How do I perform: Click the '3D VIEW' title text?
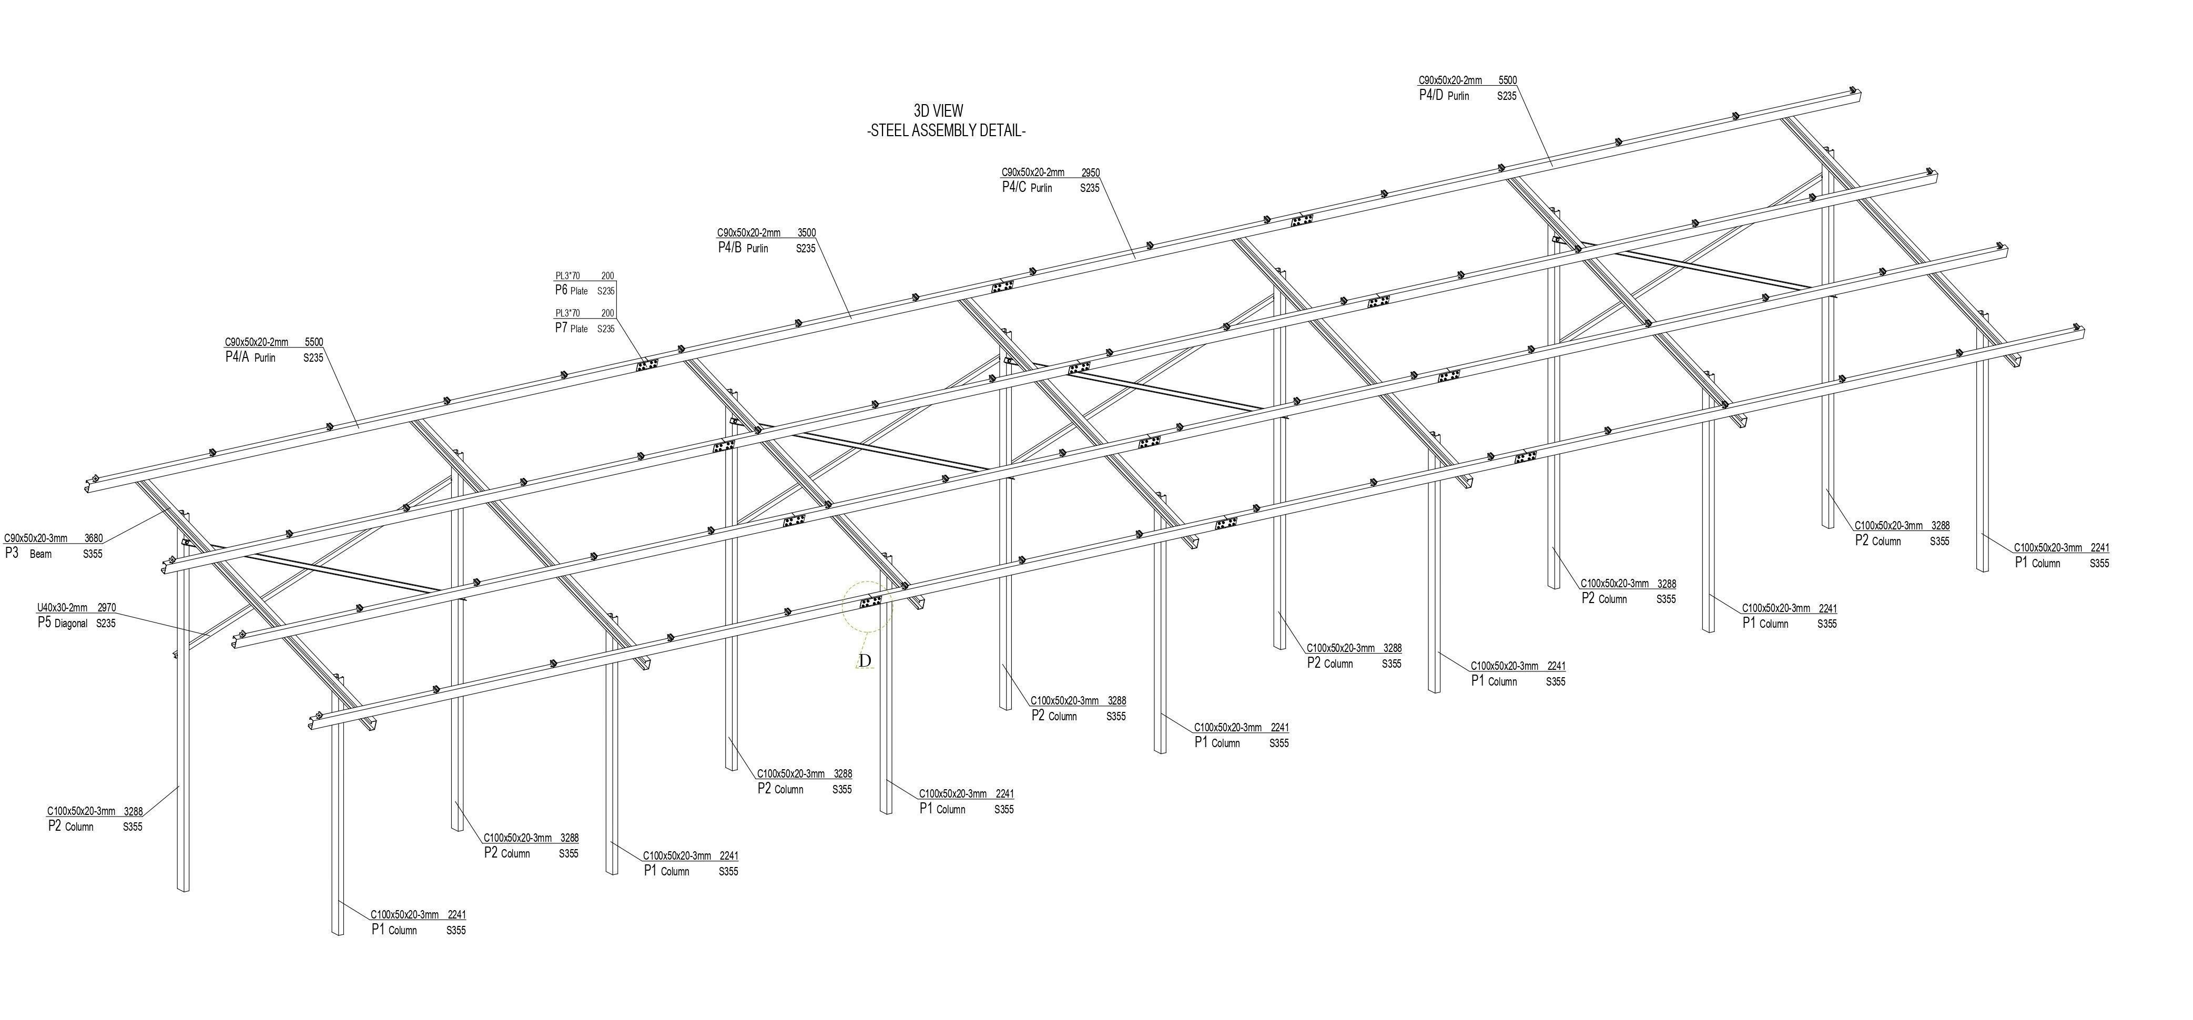point(938,111)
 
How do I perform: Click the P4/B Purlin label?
point(743,248)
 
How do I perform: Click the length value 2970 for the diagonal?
point(106,608)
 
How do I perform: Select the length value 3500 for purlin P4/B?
point(806,232)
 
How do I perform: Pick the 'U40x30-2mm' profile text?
point(62,608)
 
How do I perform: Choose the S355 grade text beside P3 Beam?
point(93,554)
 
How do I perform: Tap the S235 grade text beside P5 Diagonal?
point(106,623)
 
